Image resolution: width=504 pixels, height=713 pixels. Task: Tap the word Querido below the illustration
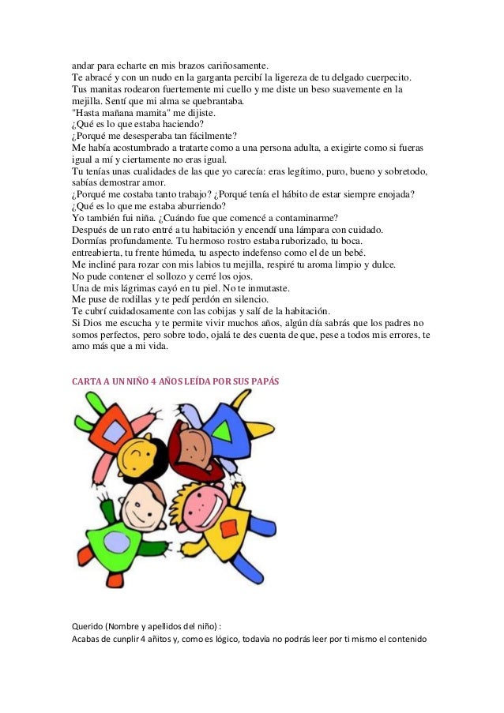pyautogui.click(x=88, y=626)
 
